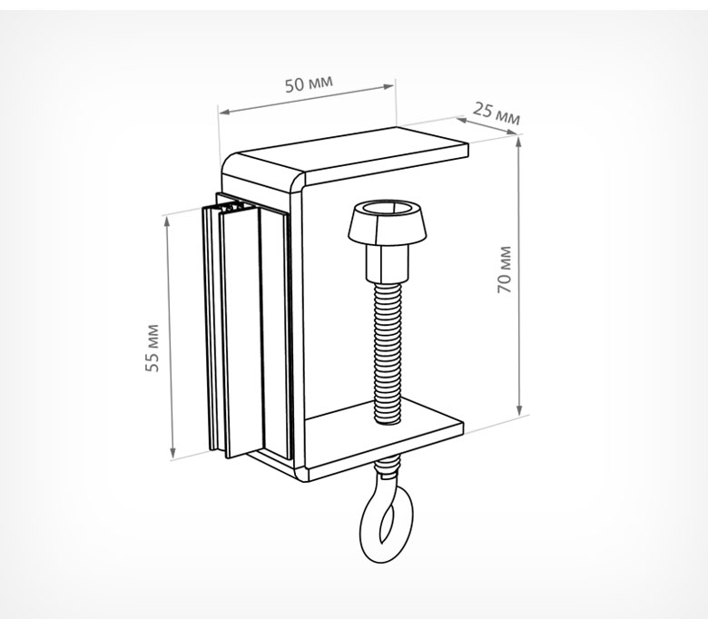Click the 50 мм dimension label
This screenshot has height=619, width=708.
[309, 84]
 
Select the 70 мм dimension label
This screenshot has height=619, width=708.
[505, 269]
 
